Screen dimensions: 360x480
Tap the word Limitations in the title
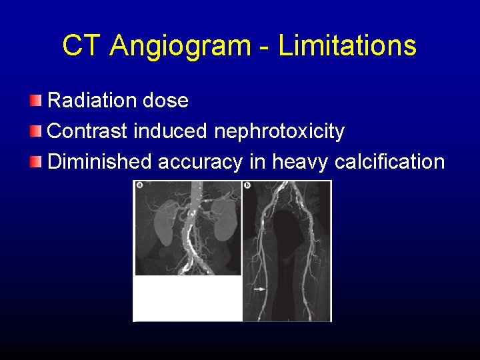tap(347, 45)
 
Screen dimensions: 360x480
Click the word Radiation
tap(92, 101)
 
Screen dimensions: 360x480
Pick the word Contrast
tap(88, 131)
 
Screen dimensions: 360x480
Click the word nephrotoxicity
tap(279, 132)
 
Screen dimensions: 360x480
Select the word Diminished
tap(100, 161)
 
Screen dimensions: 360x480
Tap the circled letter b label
tap(247, 185)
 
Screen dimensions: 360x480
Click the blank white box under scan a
tap(187, 298)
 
